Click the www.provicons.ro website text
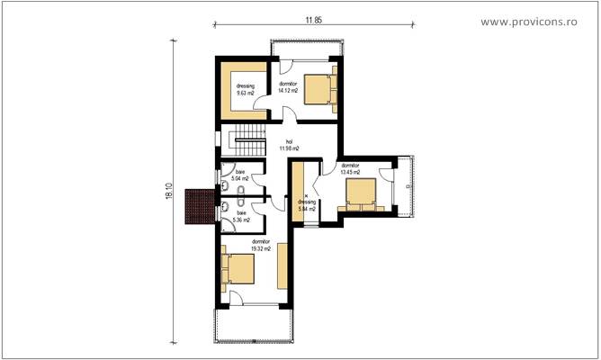tap(540, 21)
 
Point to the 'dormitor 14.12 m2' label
tap(289, 87)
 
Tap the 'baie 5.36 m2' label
tap(240, 217)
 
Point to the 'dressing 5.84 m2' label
tap(307, 204)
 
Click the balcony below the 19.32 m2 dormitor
tap(252, 324)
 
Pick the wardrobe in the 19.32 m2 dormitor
tap(283, 265)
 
